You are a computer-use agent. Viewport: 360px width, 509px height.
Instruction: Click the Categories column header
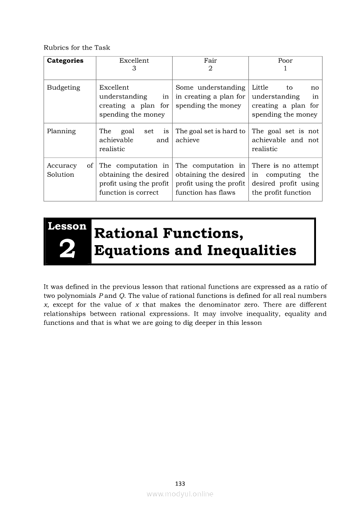65,61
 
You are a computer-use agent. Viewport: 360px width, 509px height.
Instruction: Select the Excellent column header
134,64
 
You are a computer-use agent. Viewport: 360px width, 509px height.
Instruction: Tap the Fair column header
210,64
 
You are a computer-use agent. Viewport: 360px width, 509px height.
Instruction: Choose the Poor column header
285,64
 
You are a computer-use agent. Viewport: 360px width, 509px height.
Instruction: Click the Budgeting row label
64,88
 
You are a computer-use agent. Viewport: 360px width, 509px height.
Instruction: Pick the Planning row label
61,131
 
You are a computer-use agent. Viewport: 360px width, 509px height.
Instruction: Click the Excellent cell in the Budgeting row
134,101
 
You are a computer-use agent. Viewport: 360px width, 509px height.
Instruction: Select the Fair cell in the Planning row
210,135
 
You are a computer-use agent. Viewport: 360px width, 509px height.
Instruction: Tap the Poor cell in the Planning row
285,140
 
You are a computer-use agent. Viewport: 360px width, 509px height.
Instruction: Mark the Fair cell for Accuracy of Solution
210,179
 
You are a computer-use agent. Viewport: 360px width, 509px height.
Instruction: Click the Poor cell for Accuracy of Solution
285,179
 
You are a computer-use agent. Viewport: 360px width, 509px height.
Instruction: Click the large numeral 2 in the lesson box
67,249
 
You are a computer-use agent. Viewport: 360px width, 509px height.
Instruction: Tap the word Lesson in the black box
67,226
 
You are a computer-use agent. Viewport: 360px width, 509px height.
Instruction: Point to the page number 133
180,484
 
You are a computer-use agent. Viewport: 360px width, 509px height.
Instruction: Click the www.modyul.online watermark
180,494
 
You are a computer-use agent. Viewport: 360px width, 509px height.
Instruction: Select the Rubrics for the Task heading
77,47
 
